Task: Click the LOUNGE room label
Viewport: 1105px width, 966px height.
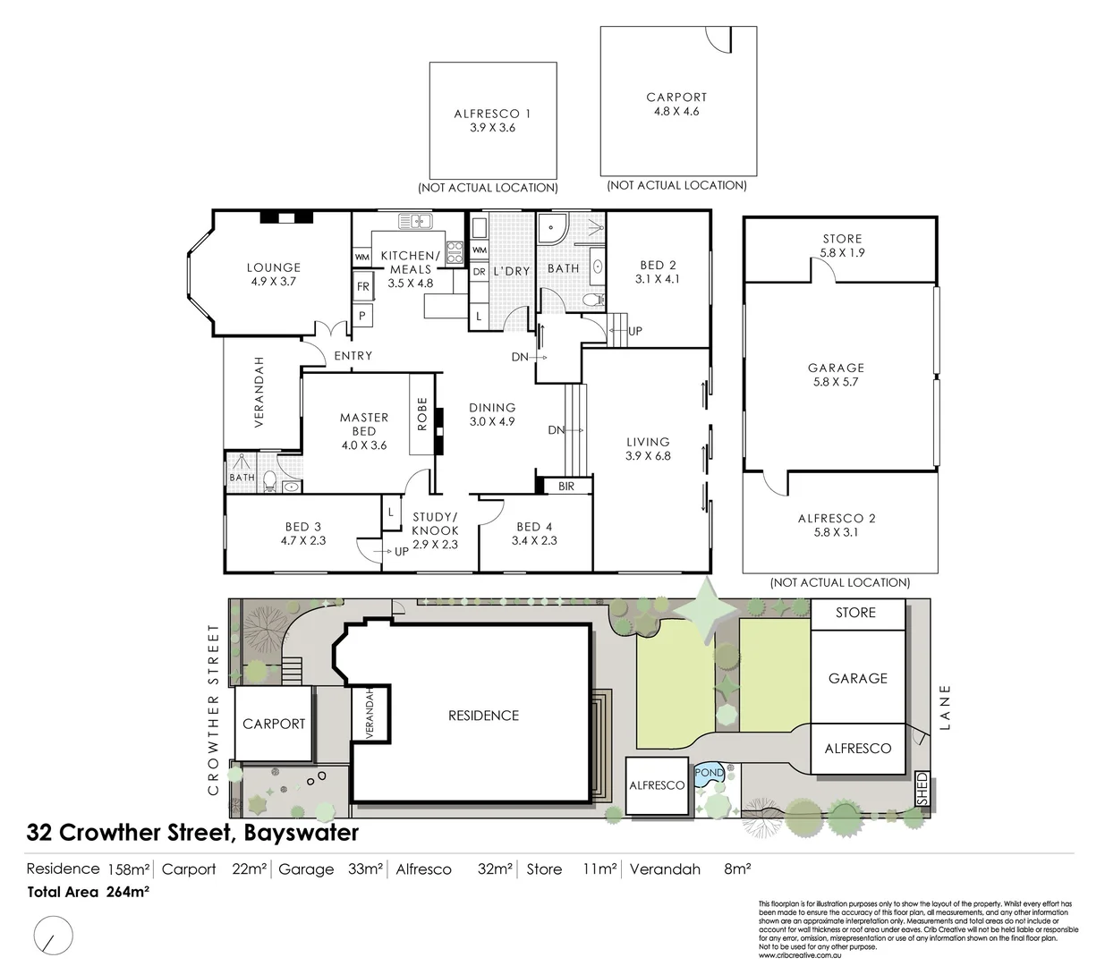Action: [274, 267]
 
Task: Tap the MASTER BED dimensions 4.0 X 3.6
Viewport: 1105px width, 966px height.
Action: [363, 445]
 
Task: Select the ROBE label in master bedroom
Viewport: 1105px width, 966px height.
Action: [422, 415]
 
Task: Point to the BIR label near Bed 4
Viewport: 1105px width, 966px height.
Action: [565, 487]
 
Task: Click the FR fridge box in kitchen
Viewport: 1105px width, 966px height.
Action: [363, 287]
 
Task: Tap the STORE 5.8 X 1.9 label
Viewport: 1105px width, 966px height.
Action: [842, 246]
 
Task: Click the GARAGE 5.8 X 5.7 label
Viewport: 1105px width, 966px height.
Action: [836, 375]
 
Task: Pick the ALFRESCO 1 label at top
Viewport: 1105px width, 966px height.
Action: [492, 114]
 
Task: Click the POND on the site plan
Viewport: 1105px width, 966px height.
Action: [709, 773]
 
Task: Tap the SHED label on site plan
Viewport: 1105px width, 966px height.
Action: [922, 788]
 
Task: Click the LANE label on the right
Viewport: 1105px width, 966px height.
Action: [948, 708]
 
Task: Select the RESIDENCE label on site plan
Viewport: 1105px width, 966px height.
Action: [483, 716]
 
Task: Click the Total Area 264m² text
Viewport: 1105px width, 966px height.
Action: [88, 891]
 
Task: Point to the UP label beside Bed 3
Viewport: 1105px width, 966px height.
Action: [401, 551]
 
